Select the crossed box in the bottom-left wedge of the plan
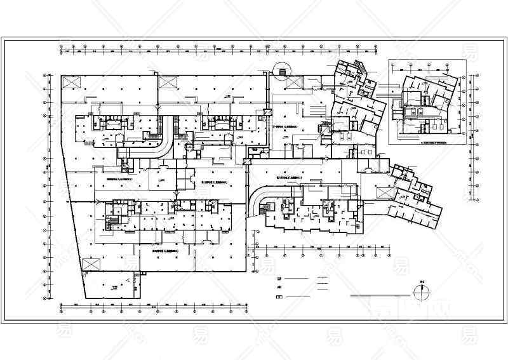(93, 264)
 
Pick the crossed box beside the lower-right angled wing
(384, 192)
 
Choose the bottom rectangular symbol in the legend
(279, 298)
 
